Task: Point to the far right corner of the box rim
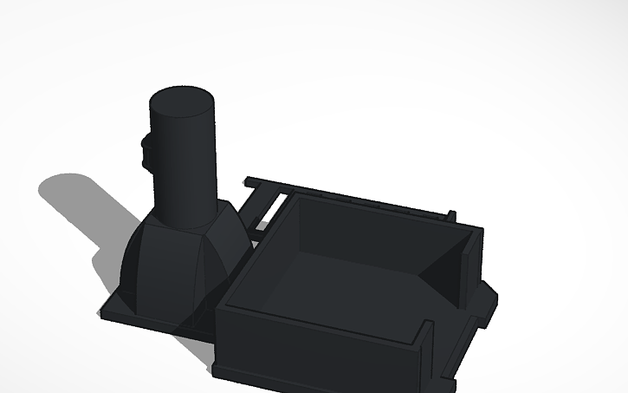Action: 478,228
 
